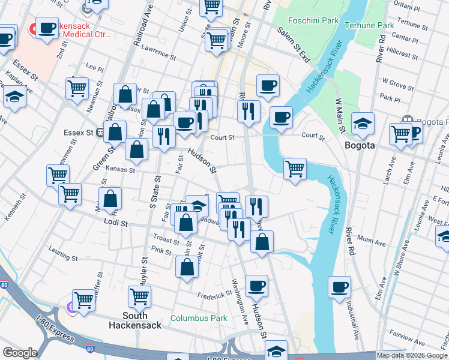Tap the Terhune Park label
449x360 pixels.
(x=369, y=25)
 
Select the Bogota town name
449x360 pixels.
(x=360, y=145)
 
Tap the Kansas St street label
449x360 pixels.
(x=118, y=170)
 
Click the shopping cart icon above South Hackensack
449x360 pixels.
(x=139, y=296)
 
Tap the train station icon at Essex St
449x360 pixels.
(x=101, y=132)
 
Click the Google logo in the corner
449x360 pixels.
(x=20, y=353)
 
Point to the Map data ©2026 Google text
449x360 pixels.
(x=412, y=355)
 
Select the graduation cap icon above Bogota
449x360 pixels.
(x=363, y=123)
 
